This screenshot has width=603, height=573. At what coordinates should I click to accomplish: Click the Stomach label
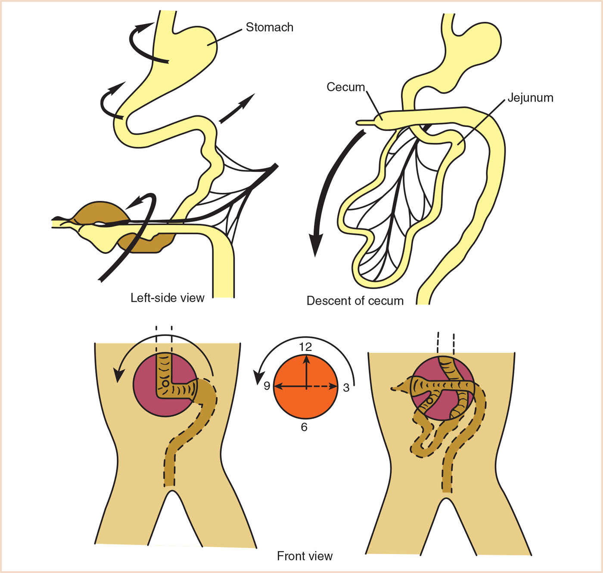[269, 27]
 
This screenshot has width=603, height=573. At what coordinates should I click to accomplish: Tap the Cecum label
[345, 87]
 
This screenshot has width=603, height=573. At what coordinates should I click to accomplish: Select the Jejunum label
[530, 98]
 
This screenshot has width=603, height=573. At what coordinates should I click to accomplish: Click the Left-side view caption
[168, 298]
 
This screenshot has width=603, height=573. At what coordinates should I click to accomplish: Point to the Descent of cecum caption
[355, 301]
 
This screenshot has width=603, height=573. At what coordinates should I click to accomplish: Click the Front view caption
[305, 556]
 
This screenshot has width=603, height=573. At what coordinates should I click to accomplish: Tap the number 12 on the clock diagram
[305, 347]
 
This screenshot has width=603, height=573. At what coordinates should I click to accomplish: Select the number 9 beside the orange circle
[267, 386]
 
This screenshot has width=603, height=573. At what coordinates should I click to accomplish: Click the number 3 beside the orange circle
[346, 388]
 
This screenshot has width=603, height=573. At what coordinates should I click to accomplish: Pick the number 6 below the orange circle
[304, 427]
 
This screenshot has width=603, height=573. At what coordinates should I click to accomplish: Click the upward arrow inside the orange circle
[306, 370]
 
